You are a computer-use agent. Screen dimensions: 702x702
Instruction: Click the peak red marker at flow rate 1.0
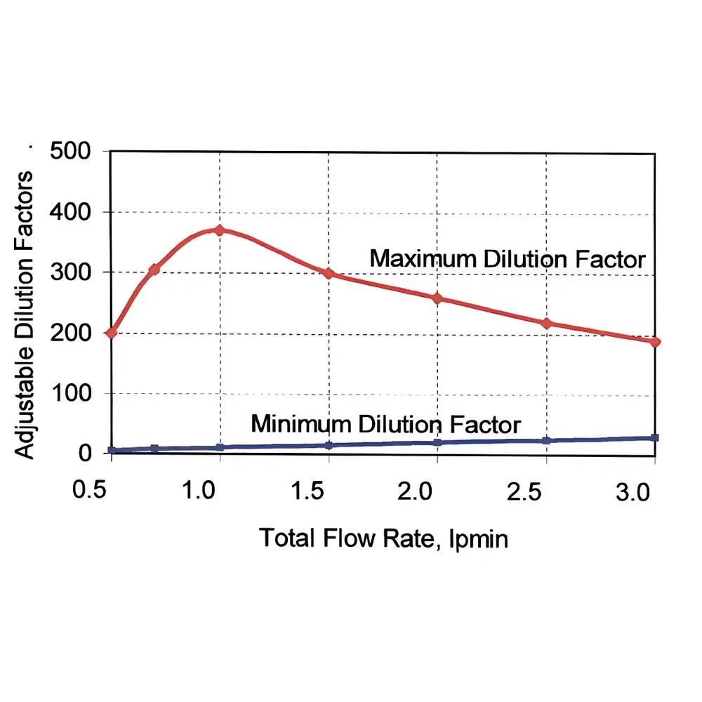pyautogui.click(x=220, y=230)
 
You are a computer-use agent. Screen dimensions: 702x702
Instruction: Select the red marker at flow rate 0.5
pyautogui.click(x=111, y=332)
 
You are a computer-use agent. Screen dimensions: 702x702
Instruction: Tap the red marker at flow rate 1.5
pyautogui.click(x=329, y=273)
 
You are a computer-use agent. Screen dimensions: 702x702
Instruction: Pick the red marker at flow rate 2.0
pyautogui.click(x=437, y=298)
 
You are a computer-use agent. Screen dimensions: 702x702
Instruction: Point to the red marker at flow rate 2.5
pyautogui.click(x=546, y=324)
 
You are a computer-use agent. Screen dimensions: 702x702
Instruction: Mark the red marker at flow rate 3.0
pyautogui.click(x=655, y=342)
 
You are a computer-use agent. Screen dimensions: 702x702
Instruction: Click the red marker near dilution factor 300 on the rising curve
pyautogui.click(x=154, y=270)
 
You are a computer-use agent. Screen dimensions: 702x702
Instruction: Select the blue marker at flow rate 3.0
pyautogui.click(x=655, y=438)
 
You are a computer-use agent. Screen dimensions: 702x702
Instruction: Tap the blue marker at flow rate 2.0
pyautogui.click(x=437, y=442)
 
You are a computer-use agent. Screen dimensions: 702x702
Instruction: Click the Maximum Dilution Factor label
pyautogui.click(x=507, y=259)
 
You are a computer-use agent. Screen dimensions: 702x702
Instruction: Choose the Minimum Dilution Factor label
pyautogui.click(x=385, y=425)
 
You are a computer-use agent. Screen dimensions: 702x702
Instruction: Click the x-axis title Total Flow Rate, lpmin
pyautogui.click(x=383, y=538)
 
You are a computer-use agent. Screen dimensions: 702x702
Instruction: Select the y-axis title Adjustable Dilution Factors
pyautogui.click(x=25, y=314)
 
